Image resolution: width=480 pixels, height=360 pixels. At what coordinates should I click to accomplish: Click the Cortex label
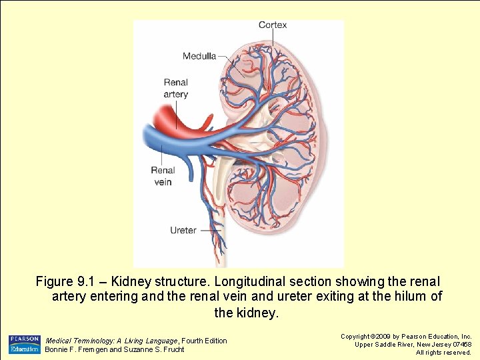[273, 25]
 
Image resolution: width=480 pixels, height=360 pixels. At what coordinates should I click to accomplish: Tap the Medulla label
[199, 56]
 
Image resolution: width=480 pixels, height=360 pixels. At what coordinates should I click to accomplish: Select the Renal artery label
[176, 89]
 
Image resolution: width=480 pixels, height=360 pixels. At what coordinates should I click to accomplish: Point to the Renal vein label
[163, 176]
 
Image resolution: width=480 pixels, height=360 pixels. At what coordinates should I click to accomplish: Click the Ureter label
[183, 231]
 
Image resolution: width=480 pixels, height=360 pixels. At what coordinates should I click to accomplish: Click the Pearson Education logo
[24, 345]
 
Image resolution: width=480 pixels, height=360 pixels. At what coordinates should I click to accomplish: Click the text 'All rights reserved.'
[443, 353]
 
